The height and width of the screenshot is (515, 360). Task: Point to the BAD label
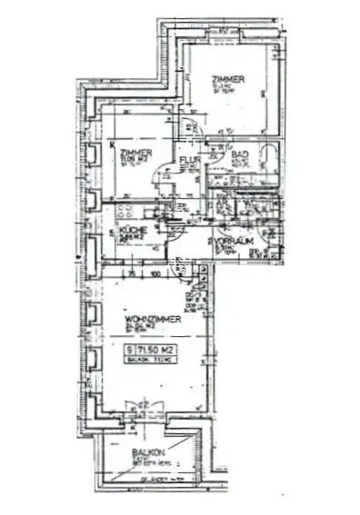(x=239, y=155)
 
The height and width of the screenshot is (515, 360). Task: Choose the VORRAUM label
(x=234, y=243)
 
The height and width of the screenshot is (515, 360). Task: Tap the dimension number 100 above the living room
(x=156, y=272)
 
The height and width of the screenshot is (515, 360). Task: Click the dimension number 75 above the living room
(x=131, y=272)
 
